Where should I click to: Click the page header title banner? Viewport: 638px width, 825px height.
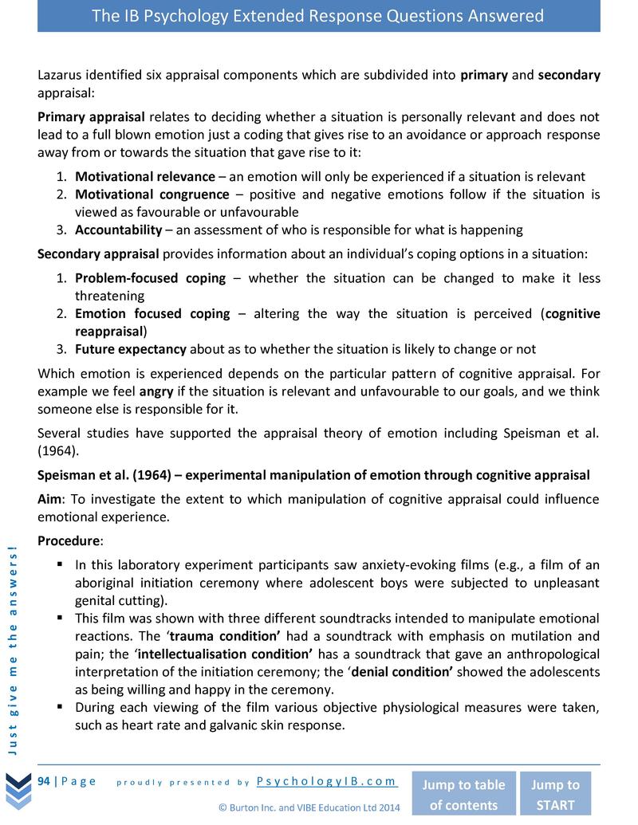[318, 16]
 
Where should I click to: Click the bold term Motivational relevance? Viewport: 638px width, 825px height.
[144, 177]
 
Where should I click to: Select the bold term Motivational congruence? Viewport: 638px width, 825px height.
[152, 194]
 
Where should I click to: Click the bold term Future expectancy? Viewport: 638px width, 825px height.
[130, 349]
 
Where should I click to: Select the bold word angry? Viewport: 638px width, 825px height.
[156, 391]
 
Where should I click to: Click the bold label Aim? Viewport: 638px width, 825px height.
[52, 499]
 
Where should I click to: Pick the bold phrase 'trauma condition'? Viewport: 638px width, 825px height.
[234, 636]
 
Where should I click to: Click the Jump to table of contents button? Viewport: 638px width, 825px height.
[463, 794]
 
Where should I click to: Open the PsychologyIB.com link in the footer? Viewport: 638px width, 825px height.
[327, 782]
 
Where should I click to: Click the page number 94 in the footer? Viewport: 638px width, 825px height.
[45, 781]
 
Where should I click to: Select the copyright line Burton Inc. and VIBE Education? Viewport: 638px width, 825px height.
[309, 807]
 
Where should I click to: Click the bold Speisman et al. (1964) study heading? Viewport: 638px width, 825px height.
[313, 475]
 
